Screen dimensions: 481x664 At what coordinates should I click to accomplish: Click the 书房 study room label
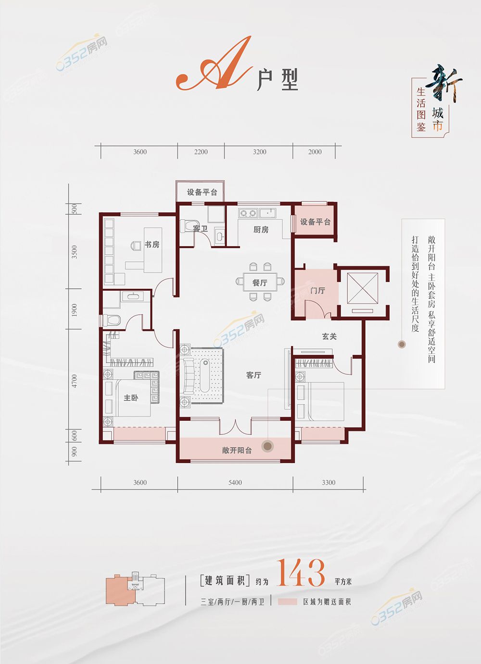[x=152, y=245]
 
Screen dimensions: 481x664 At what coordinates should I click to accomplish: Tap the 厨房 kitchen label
[x=261, y=230]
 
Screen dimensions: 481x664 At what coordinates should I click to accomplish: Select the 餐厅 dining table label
[x=260, y=283]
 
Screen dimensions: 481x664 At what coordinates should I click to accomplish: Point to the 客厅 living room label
[x=253, y=375]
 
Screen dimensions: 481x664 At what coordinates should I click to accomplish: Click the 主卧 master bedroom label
[x=131, y=398]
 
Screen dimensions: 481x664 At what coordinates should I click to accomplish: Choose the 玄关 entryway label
[x=329, y=336]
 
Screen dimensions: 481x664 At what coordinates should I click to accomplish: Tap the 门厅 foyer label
[x=317, y=291]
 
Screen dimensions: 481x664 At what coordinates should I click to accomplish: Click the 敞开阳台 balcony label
[x=237, y=451]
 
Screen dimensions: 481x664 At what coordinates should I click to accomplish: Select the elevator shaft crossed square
[x=363, y=288]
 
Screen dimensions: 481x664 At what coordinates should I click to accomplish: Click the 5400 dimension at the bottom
[x=235, y=482]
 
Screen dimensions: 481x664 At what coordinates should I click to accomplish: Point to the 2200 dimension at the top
[x=201, y=152]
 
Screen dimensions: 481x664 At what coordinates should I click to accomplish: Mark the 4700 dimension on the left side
[x=74, y=381]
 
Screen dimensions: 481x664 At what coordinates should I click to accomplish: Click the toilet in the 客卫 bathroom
[x=189, y=226]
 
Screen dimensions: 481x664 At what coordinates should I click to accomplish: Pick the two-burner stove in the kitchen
[x=248, y=213]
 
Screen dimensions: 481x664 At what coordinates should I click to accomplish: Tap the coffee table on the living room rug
[x=205, y=375]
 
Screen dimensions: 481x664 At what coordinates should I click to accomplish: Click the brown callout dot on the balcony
[x=267, y=446]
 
